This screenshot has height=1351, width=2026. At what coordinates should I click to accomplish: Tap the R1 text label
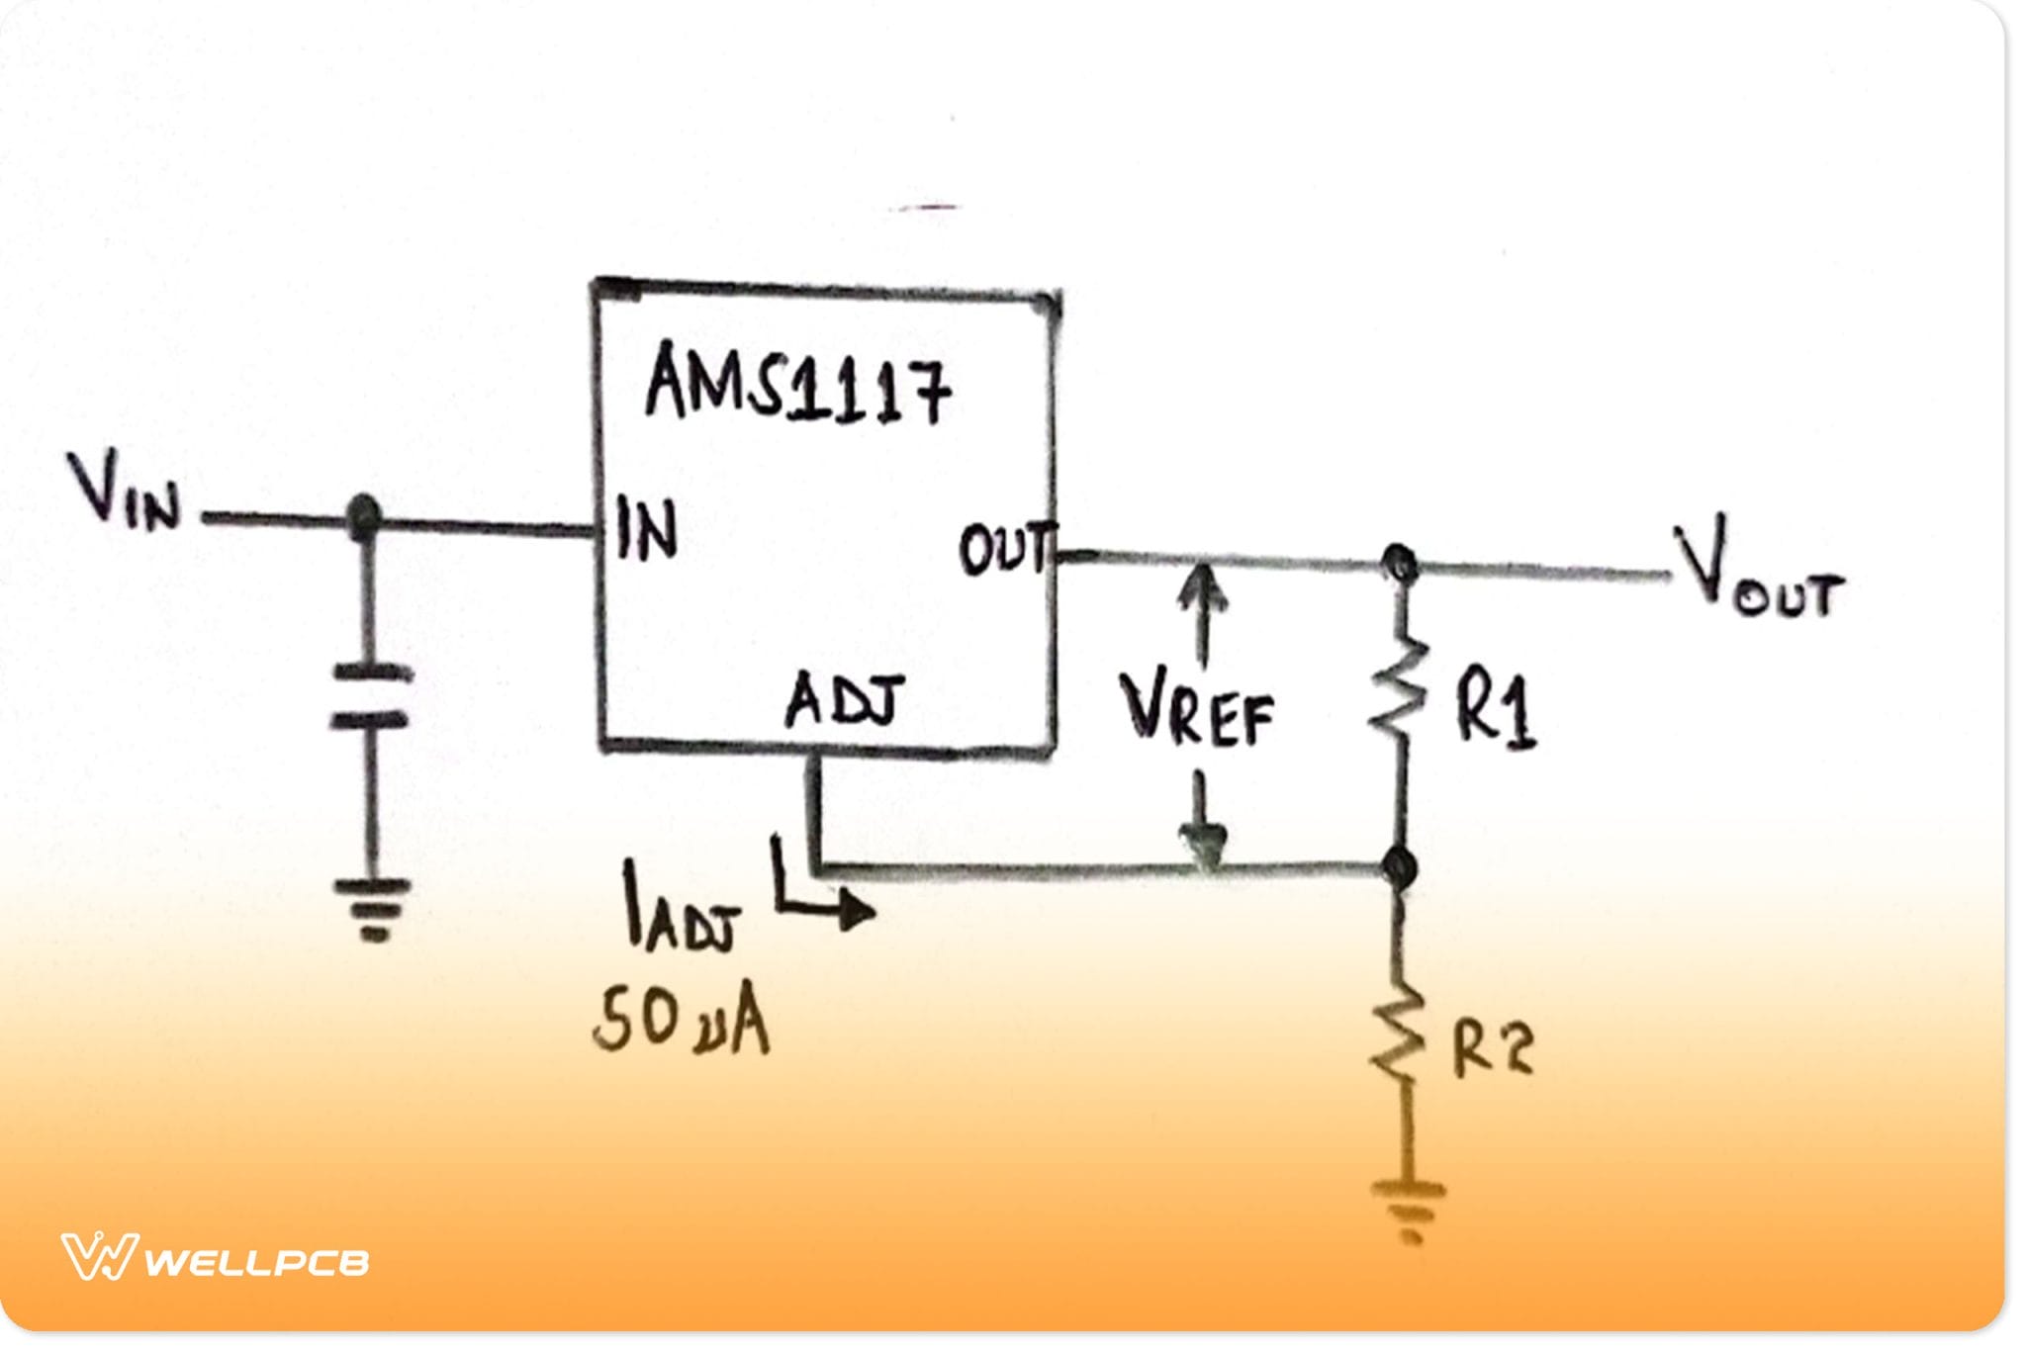pos(1494,710)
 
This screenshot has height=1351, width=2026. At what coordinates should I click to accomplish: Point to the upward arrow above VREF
pos(1202,613)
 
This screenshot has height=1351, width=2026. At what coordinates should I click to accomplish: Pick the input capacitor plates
pos(370,696)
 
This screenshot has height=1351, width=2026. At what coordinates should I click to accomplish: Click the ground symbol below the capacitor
pos(372,908)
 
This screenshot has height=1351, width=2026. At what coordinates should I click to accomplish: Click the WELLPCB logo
pos(215,1258)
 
